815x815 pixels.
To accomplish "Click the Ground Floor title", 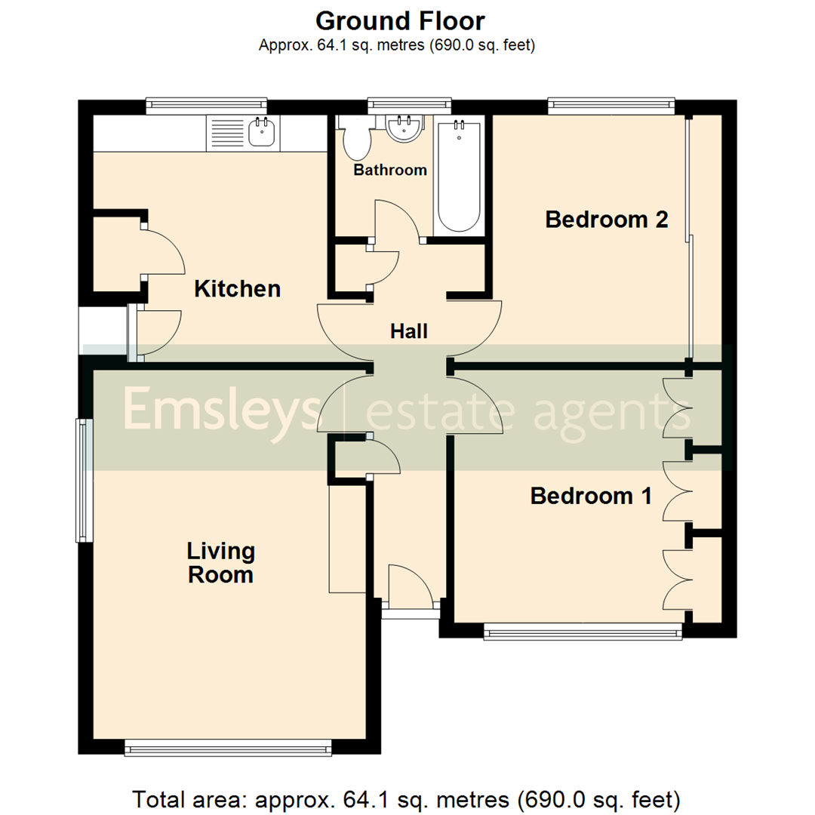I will [x=400, y=20].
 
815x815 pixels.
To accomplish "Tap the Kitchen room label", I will [x=238, y=288].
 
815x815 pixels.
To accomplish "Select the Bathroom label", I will [x=390, y=170].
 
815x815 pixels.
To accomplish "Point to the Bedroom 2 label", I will [x=607, y=220].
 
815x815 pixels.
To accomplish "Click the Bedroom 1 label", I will [x=591, y=496].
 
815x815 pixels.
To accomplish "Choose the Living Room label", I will [x=220, y=563].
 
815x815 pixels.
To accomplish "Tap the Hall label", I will [x=409, y=331].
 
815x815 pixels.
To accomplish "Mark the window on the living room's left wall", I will [x=83, y=481].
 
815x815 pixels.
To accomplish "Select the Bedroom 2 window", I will [x=611, y=106].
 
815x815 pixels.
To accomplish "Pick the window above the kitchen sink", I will [x=207, y=106].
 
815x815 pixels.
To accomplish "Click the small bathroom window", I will [x=409, y=106].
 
